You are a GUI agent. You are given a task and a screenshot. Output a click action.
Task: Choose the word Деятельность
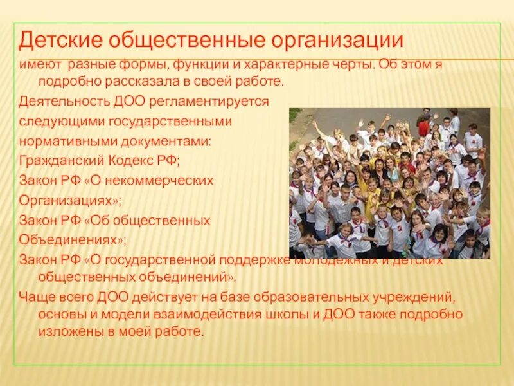58,102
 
